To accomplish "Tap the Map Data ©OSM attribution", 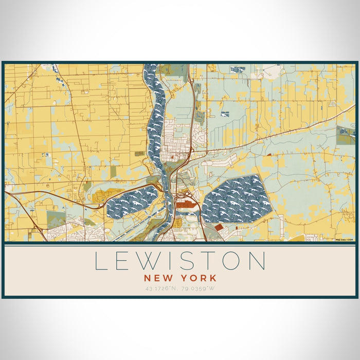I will (x=345, y=240).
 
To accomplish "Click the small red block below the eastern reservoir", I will (x=219, y=227).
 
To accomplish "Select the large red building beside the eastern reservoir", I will (x=184, y=205).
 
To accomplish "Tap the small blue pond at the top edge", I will (x=237, y=69).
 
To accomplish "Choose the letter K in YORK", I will (x=213, y=278).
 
